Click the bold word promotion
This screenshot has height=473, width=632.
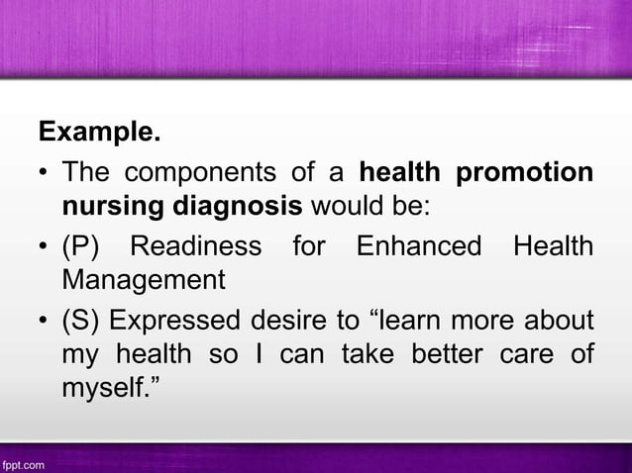click(x=524, y=172)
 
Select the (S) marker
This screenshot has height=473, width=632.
click(x=81, y=321)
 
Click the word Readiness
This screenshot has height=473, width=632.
click(x=196, y=245)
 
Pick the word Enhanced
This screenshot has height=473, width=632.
click(x=419, y=245)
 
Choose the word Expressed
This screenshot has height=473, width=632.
click(x=172, y=321)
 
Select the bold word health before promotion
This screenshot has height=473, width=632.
click(x=399, y=172)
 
